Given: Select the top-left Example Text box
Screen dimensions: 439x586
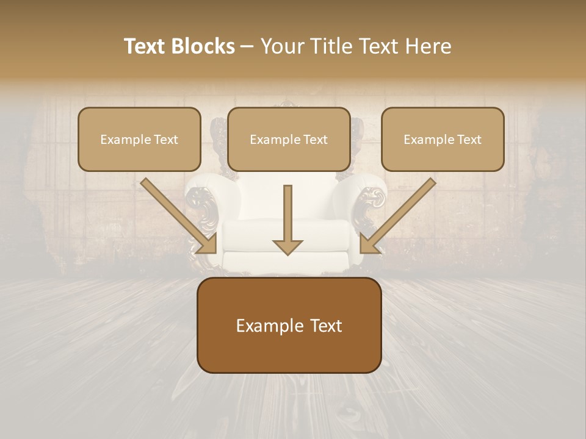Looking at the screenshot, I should [x=139, y=139].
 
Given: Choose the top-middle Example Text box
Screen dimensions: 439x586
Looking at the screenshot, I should [x=289, y=139].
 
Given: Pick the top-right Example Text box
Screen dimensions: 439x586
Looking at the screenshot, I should [x=443, y=139].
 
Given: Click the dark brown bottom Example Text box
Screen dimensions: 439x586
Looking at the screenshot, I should [x=289, y=326].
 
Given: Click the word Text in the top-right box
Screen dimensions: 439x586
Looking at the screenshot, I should [x=469, y=140].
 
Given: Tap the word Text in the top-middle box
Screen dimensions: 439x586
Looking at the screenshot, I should [x=315, y=140].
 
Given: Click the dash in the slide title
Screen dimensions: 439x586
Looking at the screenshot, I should [x=247, y=47].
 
